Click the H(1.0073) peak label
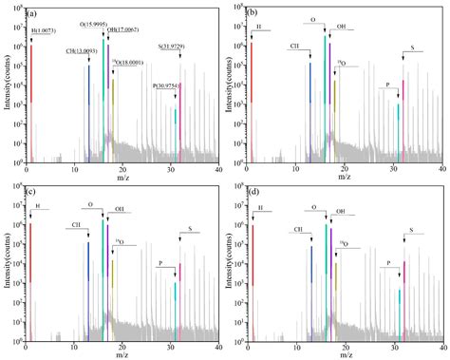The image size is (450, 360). [47, 32]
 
